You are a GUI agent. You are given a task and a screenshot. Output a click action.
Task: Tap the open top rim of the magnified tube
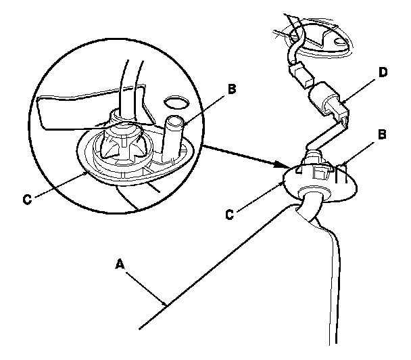coord(174,121)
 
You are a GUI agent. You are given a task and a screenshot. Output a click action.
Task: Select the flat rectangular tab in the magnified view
coord(68,112)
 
